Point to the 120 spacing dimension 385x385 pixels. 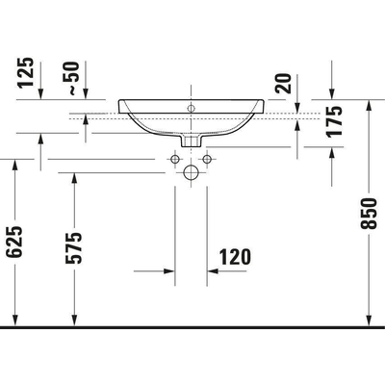pyautogui.click(x=234, y=256)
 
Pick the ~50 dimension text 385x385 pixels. pyautogui.click(x=71, y=76)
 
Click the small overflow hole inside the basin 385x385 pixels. pyautogui.click(x=192, y=107)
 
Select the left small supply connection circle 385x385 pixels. pyautogui.click(x=176, y=157)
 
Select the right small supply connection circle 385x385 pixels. pyautogui.click(x=207, y=157)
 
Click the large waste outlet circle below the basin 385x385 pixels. pyautogui.click(x=192, y=173)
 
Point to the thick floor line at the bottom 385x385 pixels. pyautogui.click(x=192, y=327)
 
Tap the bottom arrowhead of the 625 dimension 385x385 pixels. pyautogui.click(x=14, y=319)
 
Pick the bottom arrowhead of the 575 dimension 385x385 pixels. pyautogui.click(x=73, y=319)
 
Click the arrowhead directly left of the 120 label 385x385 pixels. pyautogui.click(x=215, y=270)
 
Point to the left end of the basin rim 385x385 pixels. pyautogui.click(x=118, y=101)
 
